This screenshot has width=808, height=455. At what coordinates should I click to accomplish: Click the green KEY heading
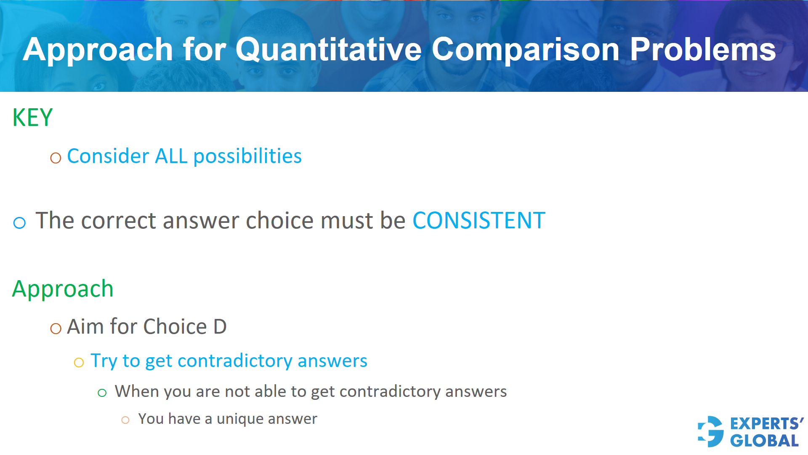click(x=32, y=118)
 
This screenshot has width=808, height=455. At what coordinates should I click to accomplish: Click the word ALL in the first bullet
click(x=171, y=156)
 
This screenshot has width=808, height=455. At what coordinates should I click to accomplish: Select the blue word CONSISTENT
click(x=478, y=220)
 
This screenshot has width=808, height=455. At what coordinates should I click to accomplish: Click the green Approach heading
click(x=63, y=289)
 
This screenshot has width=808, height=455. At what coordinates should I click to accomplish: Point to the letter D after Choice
click(x=220, y=327)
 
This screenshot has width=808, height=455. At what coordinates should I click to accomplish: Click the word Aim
click(x=85, y=327)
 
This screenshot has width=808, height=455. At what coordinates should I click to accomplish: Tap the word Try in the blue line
click(x=104, y=361)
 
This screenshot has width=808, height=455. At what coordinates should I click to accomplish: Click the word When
click(x=136, y=391)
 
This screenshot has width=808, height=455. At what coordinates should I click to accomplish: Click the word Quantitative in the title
click(x=328, y=50)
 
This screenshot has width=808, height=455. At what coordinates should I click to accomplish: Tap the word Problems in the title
click(x=702, y=50)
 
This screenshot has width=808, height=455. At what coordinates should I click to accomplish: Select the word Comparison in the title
click(x=525, y=50)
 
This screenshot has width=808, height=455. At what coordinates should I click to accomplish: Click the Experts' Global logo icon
click(x=711, y=431)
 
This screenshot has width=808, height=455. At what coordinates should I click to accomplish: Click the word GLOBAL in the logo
click(x=764, y=441)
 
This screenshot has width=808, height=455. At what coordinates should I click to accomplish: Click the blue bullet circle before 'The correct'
click(x=19, y=222)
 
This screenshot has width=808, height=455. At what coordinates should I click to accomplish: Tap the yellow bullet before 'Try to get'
click(x=79, y=363)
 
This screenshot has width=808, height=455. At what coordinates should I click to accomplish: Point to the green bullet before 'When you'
click(x=102, y=393)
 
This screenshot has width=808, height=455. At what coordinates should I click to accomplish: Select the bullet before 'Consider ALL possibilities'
click(x=56, y=158)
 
